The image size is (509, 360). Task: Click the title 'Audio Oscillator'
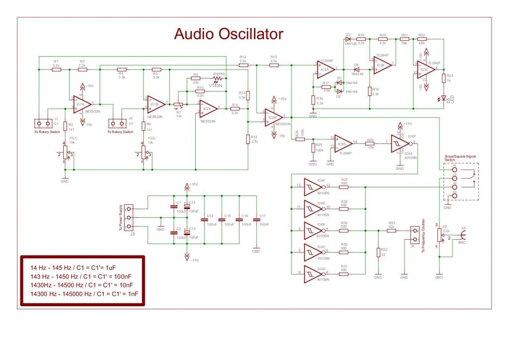228,34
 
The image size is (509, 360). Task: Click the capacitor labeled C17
256,219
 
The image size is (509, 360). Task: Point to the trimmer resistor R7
180,105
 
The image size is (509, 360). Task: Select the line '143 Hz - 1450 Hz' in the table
81,276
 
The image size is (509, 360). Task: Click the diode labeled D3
348,39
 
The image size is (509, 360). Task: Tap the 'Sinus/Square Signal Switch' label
460,158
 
